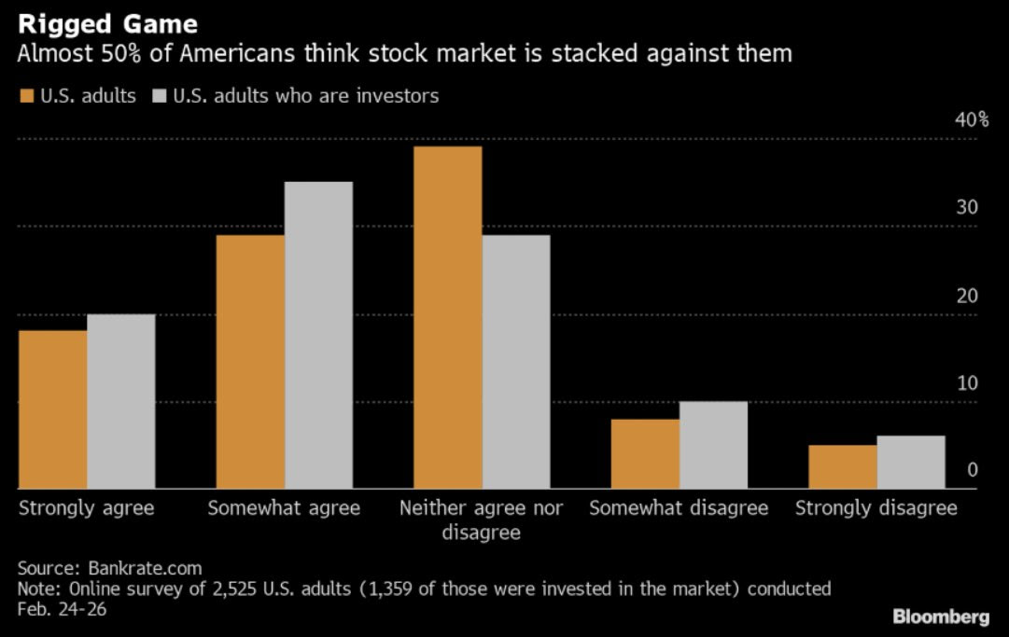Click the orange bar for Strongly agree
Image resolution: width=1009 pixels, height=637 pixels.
(x=52, y=409)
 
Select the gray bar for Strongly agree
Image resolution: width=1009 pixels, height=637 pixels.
(x=121, y=401)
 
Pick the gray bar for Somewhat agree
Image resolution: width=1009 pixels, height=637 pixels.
(x=318, y=335)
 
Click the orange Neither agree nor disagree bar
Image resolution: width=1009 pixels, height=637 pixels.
(x=447, y=317)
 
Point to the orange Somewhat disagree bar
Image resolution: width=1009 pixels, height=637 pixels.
(x=645, y=453)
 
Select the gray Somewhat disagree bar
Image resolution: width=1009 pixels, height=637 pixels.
(x=713, y=445)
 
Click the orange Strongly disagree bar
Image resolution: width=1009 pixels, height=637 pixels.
(x=842, y=466)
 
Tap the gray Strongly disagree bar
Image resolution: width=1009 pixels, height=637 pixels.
(x=911, y=462)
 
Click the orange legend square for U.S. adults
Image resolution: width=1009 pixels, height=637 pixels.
(x=26, y=96)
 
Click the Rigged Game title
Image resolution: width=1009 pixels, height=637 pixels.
(x=107, y=22)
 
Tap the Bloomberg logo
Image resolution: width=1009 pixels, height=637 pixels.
(x=941, y=616)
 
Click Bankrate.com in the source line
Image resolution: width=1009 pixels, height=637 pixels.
(x=145, y=567)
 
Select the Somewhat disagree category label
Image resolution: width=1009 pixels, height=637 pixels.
(x=679, y=508)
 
